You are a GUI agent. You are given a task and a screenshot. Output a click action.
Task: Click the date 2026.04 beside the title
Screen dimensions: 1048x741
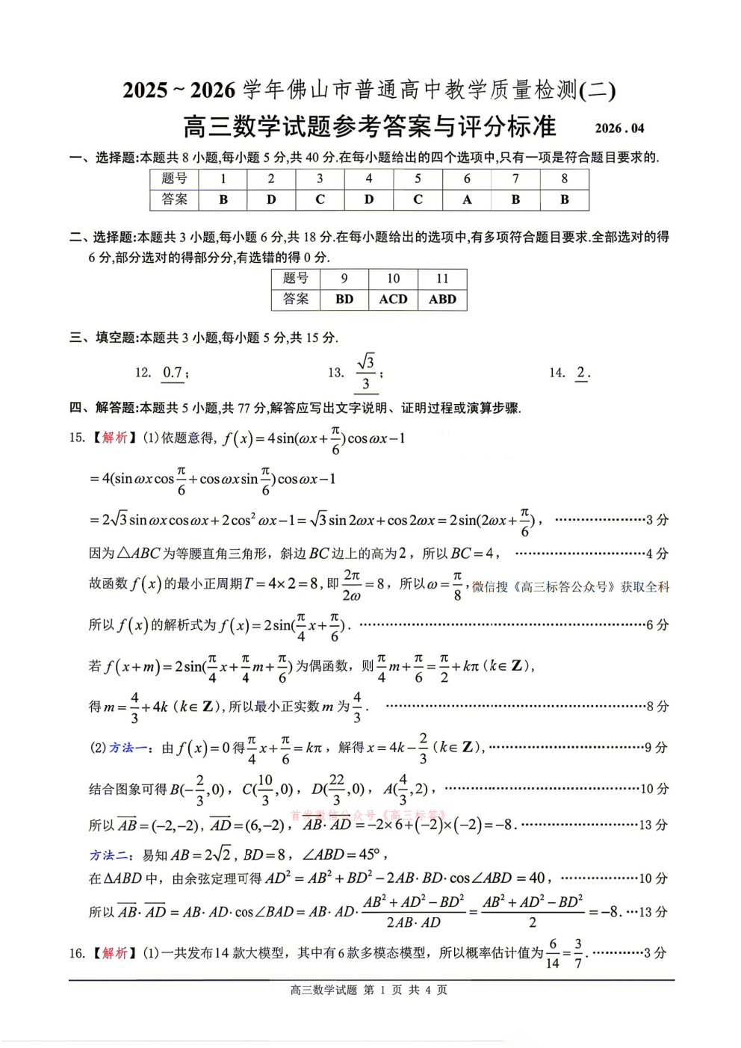[x=619, y=128]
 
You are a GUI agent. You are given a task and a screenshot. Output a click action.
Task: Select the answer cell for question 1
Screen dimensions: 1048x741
[x=223, y=199]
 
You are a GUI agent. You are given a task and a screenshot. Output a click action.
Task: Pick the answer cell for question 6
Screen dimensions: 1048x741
[x=467, y=199]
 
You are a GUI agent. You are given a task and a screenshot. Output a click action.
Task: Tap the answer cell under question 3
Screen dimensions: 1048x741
[x=320, y=199]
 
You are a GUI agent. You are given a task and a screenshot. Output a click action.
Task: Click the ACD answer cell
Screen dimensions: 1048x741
[x=393, y=299]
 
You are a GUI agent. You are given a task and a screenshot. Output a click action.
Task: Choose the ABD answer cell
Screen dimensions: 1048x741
[x=442, y=299]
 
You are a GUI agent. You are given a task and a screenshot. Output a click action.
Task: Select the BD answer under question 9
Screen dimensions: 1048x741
[x=344, y=299]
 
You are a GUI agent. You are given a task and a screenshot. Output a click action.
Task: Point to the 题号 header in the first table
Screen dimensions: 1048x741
[x=174, y=179]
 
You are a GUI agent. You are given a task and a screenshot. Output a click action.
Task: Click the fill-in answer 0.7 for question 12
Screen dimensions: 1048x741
[x=173, y=372]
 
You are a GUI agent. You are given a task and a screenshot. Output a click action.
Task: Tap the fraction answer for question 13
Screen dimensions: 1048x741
[x=365, y=373]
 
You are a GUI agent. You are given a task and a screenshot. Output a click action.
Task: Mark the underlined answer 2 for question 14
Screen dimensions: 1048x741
[x=581, y=372]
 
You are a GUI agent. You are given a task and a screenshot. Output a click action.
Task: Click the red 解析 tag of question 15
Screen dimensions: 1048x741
[x=115, y=437]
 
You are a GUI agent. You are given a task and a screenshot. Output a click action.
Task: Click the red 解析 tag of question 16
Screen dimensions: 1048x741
[x=115, y=952]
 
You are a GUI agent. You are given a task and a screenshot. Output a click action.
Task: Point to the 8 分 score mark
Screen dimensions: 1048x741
[x=657, y=706]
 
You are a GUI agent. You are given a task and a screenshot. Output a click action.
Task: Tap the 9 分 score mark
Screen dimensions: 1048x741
[x=657, y=747]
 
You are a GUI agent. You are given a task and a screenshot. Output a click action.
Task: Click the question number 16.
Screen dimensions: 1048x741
[x=77, y=953]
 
